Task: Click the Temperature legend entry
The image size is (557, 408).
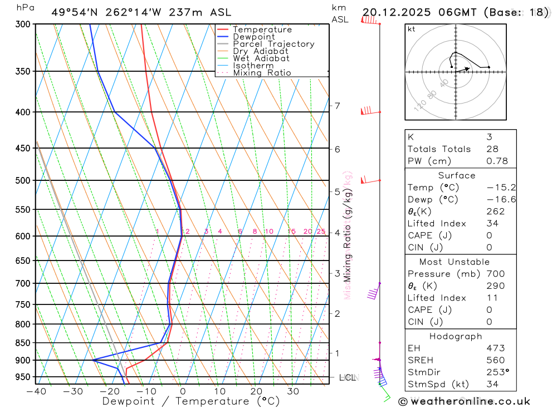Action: [x=262, y=30]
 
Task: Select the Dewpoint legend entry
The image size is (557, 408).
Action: [x=254, y=37]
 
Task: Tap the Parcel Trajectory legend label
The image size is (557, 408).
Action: [x=273, y=44]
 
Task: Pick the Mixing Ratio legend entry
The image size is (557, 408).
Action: [x=262, y=73]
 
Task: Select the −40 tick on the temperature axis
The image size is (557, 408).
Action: [x=36, y=391]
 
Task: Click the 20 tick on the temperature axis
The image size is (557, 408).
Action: [x=256, y=391]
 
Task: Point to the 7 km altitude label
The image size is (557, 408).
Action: [x=337, y=106]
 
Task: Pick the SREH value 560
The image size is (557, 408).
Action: [x=495, y=360]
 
